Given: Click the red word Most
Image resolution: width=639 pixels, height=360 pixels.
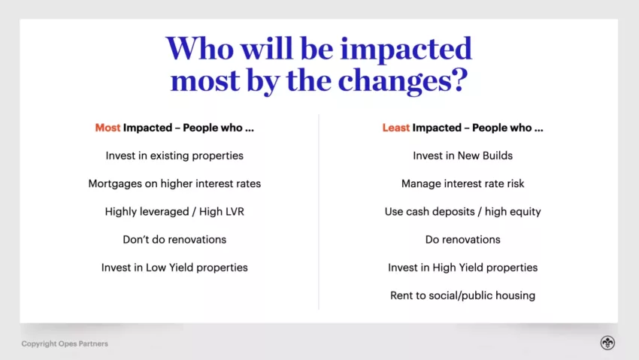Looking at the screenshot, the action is pyautogui.click(x=108, y=128).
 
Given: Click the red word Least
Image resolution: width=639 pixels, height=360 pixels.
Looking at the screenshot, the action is pyautogui.click(x=395, y=128).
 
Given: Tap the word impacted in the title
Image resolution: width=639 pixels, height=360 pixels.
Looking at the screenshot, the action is pyautogui.click(x=406, y=50).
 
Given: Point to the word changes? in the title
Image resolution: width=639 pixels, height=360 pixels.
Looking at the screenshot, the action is pyautogui.click(x=403, y=80).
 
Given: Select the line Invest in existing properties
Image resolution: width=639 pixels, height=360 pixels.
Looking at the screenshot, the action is pyautogui.click(x=174, y=156).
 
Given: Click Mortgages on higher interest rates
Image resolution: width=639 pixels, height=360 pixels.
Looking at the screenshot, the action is pyautogui.click(x=174, y=184).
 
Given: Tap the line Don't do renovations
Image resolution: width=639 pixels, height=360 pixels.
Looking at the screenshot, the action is pyautogui.click(x=174, y=240).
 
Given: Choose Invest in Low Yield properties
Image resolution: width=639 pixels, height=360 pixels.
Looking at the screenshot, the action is pyautogui.click(x=174, y=268).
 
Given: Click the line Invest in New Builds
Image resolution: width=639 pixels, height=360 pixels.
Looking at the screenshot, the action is pyautogui.click(x=462, y=156).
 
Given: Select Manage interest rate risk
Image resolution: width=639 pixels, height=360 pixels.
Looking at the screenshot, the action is pyautogui.click(x=462, y=183).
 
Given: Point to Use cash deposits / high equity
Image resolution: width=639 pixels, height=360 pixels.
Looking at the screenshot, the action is pyautogui.click(x=462, y=212).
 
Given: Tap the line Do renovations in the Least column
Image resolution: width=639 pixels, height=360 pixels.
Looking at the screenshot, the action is pyautogui.click(x=462, y=240).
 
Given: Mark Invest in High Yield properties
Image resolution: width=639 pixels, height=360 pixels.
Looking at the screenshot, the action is pyautogui.click(x=462, y=268).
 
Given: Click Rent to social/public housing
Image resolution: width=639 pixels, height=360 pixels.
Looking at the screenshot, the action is pyautogui.click(x=462, y=295).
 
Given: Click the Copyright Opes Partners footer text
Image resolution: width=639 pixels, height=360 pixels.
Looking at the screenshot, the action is pyautogui.click(x=65, y=343).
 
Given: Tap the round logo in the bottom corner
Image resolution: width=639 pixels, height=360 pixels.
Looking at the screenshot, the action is pyautogui.click(x=607, y=343).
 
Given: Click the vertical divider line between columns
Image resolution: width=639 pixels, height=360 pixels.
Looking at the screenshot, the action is pyautogui.click(x=319, y=212).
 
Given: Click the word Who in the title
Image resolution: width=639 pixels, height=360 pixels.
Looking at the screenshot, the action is pyautogui.click(x=200, y=48).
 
